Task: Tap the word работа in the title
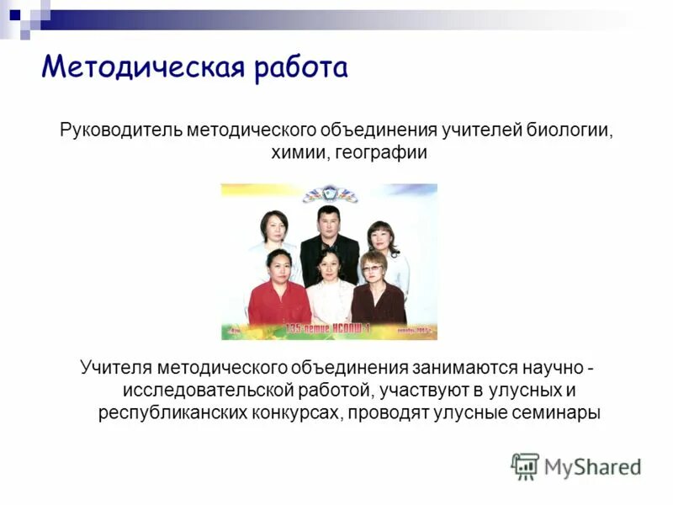click(x=299, y=66)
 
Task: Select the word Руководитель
click(x=120, y=131)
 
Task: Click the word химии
click(x=300, y=153)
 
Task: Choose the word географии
click(x=381, y=153)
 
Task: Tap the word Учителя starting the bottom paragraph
click(x=115, y=369)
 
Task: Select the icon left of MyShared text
click(x=525, y=466)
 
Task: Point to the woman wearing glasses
click(x=375, y=290)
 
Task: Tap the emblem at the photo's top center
click(x=330, y=194)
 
